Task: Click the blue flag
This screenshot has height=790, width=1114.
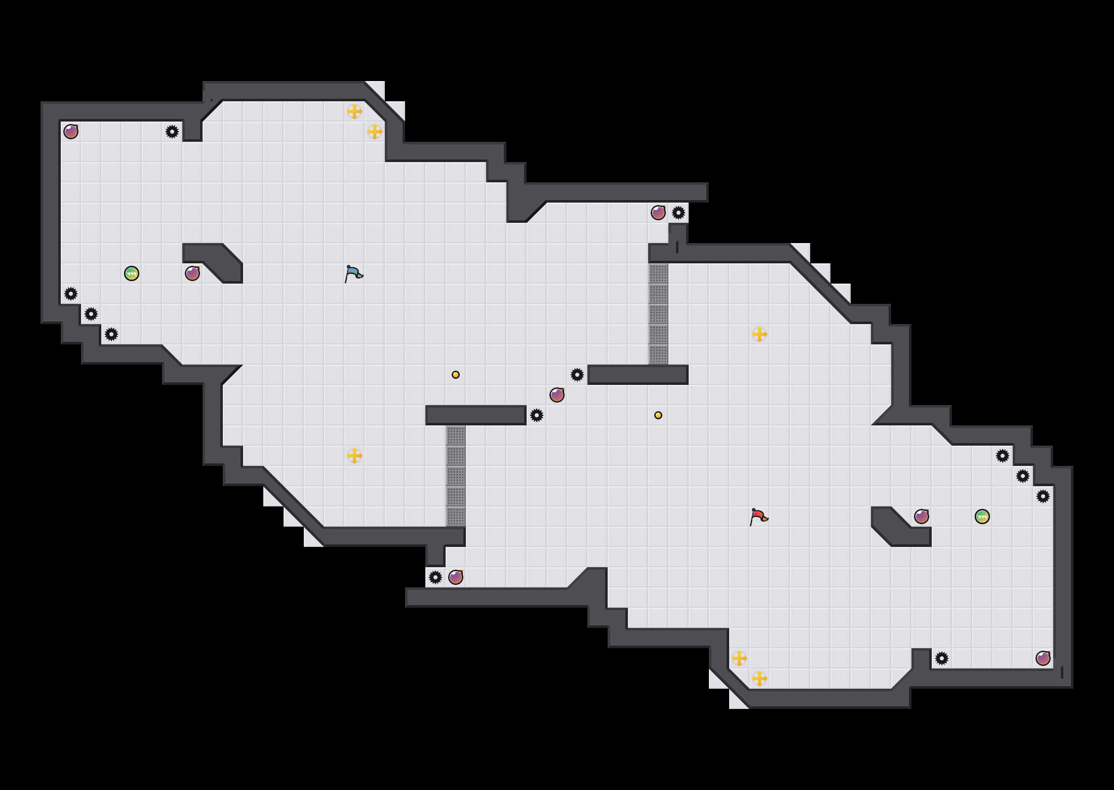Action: pyautogui.click(x=353, y=274)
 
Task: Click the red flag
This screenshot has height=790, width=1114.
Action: pyautogui.click(x=759, y=517)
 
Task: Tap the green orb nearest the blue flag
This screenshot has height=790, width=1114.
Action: pyautogui.click(x=132, y=273)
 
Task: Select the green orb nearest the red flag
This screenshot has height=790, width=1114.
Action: pyautogui.click(x=982, y=517)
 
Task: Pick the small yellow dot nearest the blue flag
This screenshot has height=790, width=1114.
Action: pyautogui.click(x=456, y=375)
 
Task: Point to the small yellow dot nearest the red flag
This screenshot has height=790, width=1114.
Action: pyautogui.click(x=658, y=415)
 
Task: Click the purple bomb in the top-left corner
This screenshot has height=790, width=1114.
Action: pyautogui.click(x=71, y=132)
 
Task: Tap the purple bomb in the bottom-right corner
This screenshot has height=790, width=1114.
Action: pyautogui.click(x=1043, y=658)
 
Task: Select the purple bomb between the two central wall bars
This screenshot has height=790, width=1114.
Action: pyautogui.click(x=557, y=395)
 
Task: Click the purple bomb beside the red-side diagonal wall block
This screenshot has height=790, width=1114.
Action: pyautogui.click(x=922, y=517)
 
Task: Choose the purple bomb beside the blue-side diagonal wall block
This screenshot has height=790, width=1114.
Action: pyautogui.click(x=192, y=273)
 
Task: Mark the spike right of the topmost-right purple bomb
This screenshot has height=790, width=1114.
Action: pyautogui.click(x=679, y=213)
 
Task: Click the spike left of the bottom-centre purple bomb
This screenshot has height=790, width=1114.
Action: pyautogui.click(x=435, y=577)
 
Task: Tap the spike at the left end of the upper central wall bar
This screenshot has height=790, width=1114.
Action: pyautogui.click(x=577, y=375)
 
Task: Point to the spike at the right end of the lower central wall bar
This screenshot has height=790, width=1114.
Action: pyautogui.click(x=537, y=415)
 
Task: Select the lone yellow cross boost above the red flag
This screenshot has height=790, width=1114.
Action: pyautogui.click(x=760, y=334)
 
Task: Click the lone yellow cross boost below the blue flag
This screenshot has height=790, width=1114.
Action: pyautogui.click(x=354, y=456)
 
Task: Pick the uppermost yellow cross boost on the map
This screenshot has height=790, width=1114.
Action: pyautogui.click(x=354, y=111)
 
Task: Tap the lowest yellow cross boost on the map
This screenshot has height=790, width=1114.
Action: pyautogui.click(x=760, y=679)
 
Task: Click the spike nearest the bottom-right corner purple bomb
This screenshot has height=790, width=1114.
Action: pyautogui.click(x=942, y=658)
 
